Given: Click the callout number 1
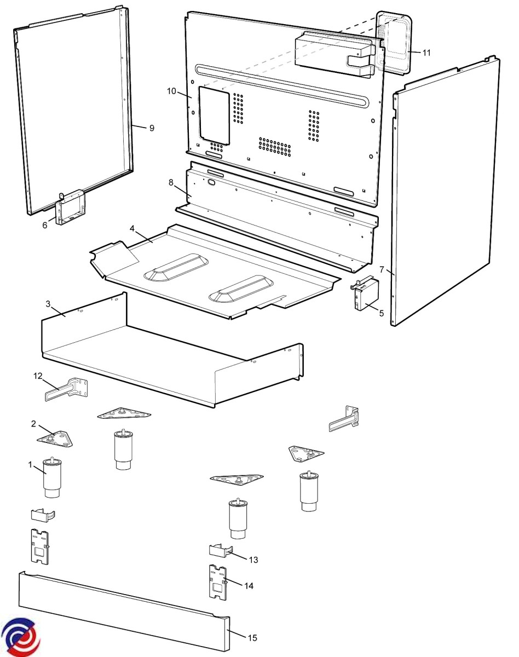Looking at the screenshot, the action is pos(30,465).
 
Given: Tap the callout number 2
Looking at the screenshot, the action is pos(33,424).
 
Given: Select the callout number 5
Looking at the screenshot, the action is pos(382,313).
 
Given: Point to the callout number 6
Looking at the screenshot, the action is pos(45,225).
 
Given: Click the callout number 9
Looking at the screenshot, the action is pos(152,128).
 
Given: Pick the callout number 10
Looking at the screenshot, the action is pos(172,91).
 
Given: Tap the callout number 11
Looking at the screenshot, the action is pos(426,53).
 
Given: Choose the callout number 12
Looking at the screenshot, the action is pos(38,376).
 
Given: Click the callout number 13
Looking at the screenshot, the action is pos(253,560).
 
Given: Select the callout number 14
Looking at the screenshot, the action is pos(249,586).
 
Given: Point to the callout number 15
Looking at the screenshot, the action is pos(252,637).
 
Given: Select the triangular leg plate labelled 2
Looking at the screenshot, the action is pos(55,439).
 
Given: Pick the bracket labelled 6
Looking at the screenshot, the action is pos(71,208).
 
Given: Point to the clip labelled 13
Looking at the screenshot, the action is pos(221,550).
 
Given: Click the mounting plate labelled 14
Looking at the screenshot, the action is pos(218,582).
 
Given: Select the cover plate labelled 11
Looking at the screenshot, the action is pos(394,42).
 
